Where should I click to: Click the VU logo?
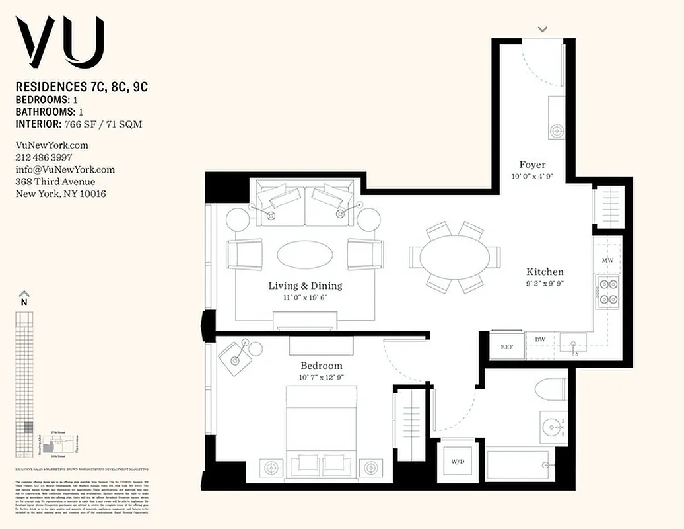coord(60,40)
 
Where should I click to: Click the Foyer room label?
coord(532,165)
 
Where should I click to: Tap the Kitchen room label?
coord(545,272)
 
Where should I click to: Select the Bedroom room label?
coord(322,366)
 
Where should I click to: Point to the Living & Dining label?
coord(305,286)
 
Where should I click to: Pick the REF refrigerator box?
coord(507,346)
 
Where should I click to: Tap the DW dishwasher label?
coord(539,340)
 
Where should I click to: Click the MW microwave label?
coord(607,261)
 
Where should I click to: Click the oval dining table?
coord(455,257)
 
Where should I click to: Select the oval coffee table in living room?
coord(304,254)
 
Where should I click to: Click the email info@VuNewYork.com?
coord(65,169)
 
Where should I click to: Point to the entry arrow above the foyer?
coord(543,29)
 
